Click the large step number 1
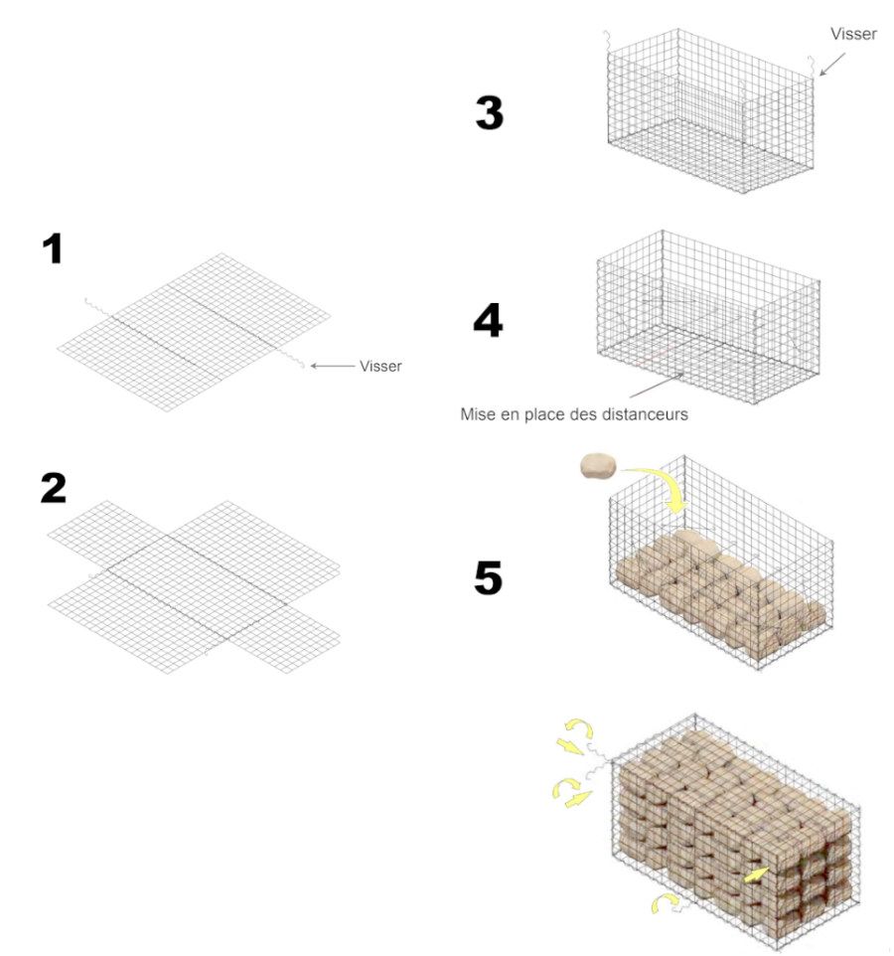coord(53,249)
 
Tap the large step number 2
coord(53,488)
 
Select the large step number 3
coord(490,113)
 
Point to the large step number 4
coord(488,321)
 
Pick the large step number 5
coord(488,578)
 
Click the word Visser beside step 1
coord(380,367)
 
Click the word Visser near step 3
coord(853,34)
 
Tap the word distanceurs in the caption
coord(645,414)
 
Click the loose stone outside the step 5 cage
coord(598,466)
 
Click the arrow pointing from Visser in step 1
coord(333,366)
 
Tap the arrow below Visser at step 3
coord(831,64)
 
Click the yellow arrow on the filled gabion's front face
coord(756,876)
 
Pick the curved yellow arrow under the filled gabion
coord(666,901)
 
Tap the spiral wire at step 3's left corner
coord(606,43)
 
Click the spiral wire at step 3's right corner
coord(812,66)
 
